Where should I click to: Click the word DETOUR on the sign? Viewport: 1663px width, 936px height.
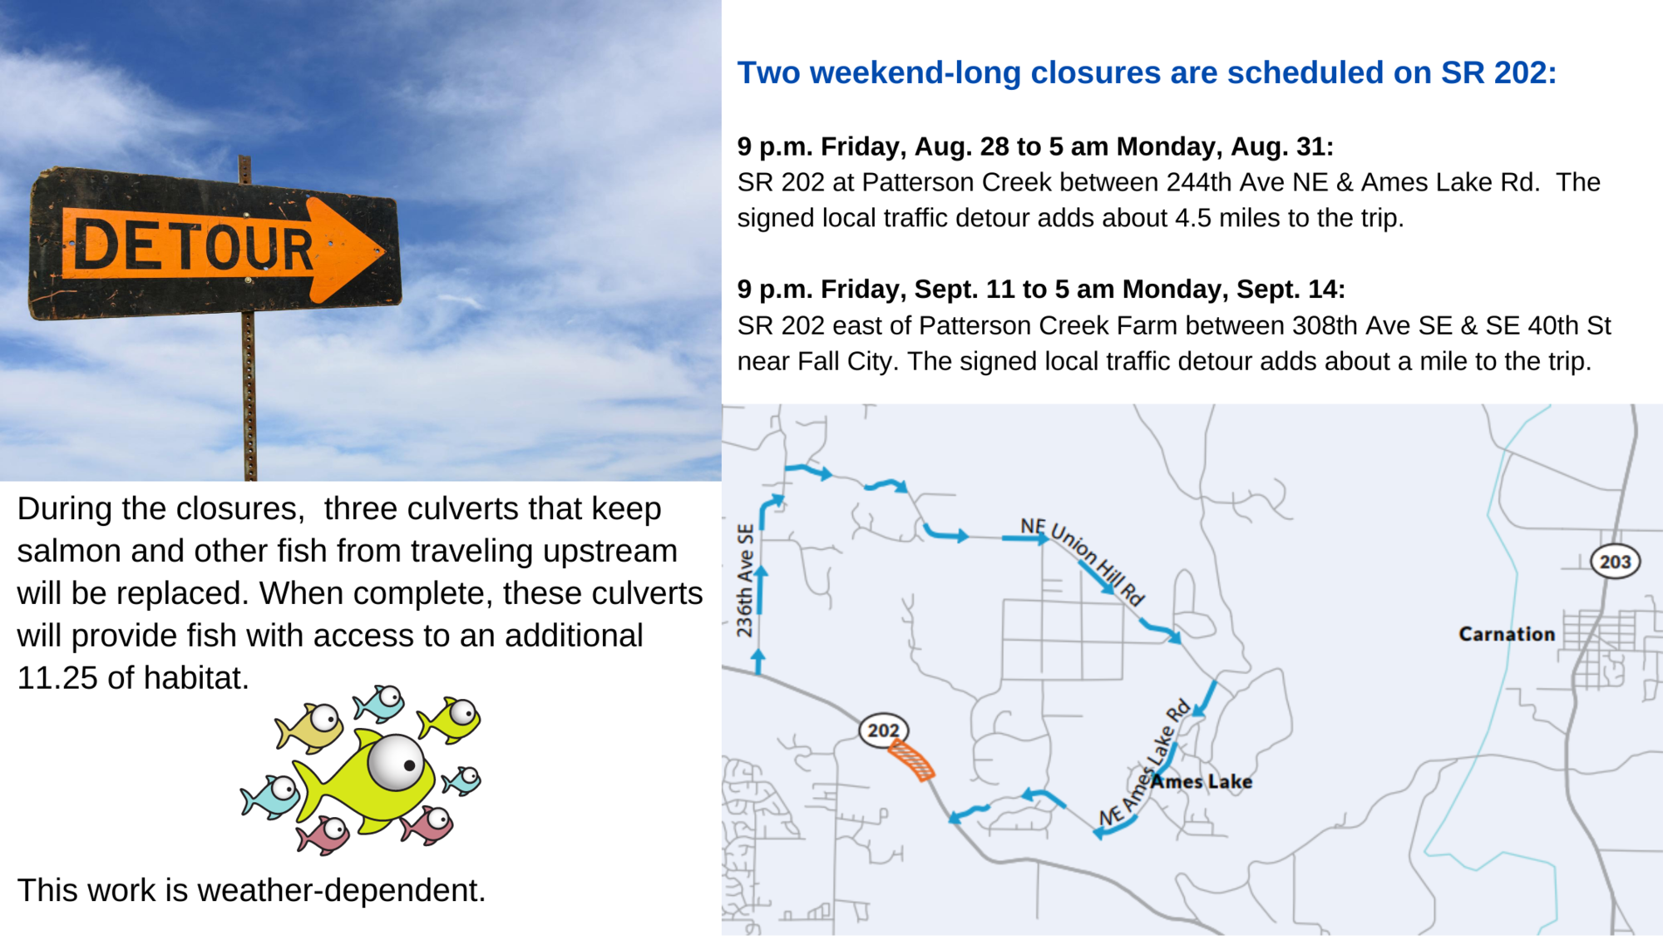point(193,245)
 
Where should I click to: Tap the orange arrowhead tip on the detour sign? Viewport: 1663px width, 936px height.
point(385,250)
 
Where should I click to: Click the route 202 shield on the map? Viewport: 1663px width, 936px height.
point(883,730)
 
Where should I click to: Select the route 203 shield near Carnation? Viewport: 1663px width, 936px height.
point(1615,562)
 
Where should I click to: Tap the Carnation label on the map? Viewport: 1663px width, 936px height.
point(1507,634)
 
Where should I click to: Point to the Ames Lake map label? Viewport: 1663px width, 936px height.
point(1202,781)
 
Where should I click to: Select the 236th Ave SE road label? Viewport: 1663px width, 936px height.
point(745,580)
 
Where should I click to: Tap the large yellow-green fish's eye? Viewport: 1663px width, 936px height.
point(397,761)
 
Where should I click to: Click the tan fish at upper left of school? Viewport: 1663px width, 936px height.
point(309,727)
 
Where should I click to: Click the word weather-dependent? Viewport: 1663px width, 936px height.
point(342,891)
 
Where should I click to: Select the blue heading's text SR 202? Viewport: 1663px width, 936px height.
point(1498,72)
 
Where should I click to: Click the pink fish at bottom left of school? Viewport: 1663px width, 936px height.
point(325,834)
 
